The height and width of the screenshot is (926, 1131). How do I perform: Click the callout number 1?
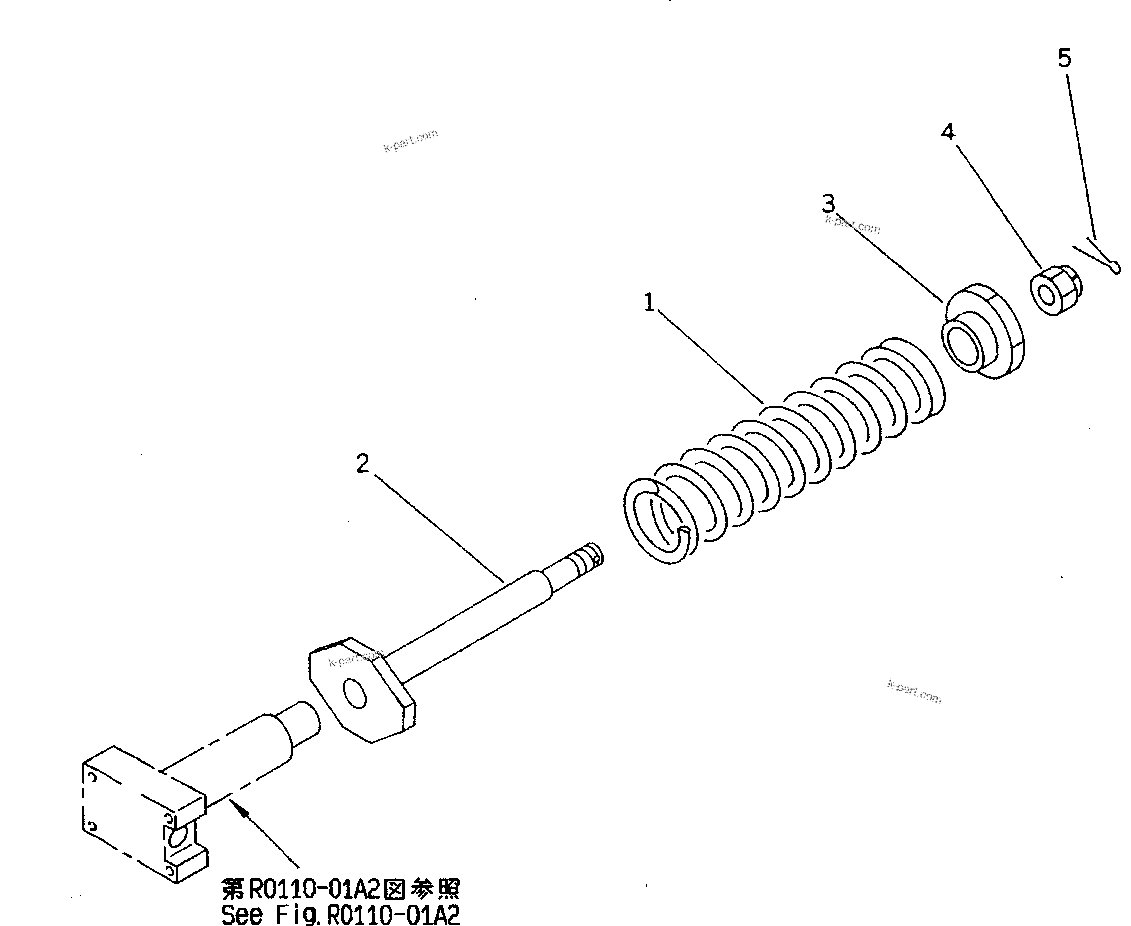click(649, 302)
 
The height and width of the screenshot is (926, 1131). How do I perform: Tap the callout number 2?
click(363, 464)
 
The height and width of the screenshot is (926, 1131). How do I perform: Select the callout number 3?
click(828, 203)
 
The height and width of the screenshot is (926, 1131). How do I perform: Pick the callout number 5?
click(1064, 58)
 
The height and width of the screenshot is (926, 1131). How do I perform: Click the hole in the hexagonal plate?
click(355, 694)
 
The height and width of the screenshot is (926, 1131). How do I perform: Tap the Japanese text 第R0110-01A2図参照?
click(340, 889)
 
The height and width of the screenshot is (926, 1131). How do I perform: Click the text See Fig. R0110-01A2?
click(340, 914)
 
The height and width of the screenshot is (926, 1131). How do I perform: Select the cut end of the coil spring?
click(684, 530)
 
